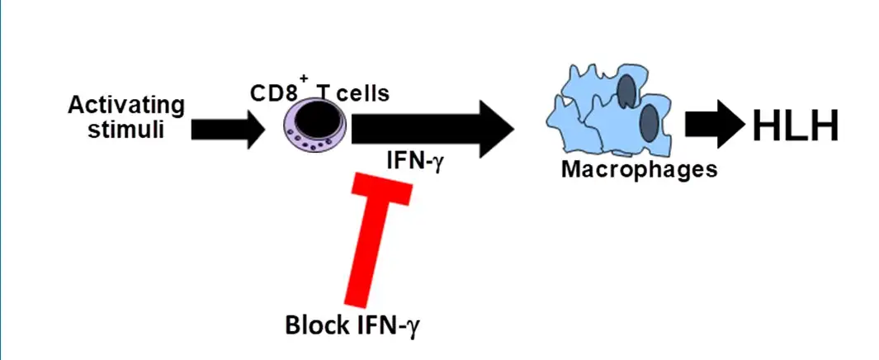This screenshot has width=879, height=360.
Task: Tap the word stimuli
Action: click(x=126, y=130)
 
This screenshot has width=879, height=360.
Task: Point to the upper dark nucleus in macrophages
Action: click(x=629, y=89)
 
